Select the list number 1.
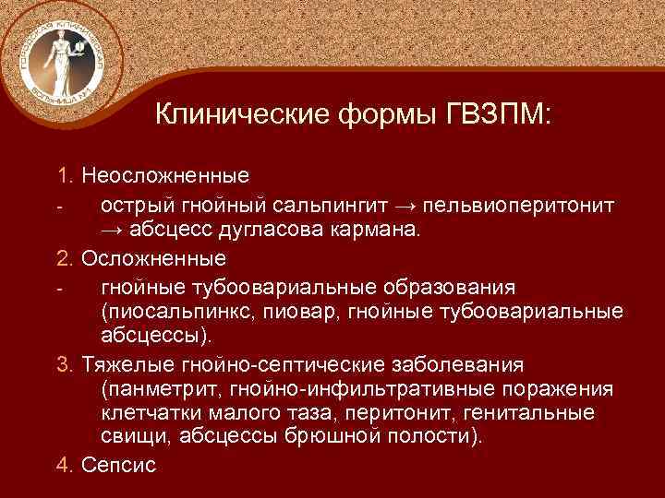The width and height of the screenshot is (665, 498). (x=63, y=174)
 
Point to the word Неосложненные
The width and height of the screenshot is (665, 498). (x=152, y=174)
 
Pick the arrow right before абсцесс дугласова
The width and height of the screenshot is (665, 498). (x=115, y=228)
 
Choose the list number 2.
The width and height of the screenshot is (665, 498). (x=63, y=255)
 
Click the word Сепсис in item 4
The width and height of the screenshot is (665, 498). (x=119, y=464)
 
